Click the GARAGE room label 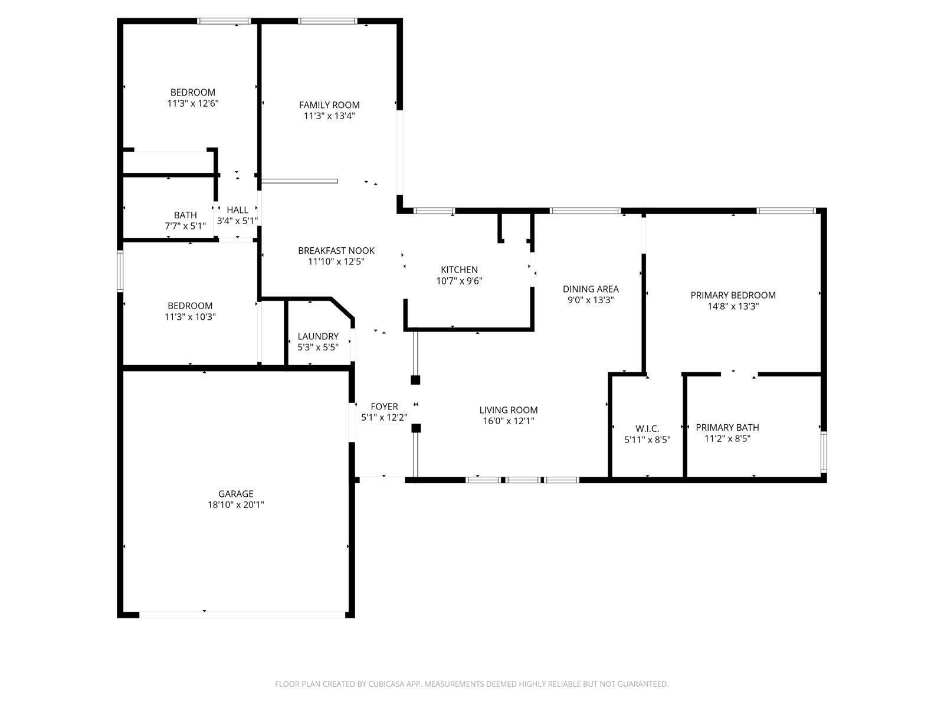235,494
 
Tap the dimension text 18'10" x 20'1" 235,505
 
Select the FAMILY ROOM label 329,105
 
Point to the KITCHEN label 459,270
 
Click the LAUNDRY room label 318,336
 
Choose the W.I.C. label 647,428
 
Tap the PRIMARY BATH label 727,427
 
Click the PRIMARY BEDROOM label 733,295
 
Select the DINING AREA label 591,289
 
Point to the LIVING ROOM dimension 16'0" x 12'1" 508,421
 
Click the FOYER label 384,407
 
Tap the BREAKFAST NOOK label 336,251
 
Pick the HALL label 237,210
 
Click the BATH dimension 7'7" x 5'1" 185,226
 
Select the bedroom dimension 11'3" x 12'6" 193,103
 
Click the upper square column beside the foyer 415,380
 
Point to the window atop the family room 327,21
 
